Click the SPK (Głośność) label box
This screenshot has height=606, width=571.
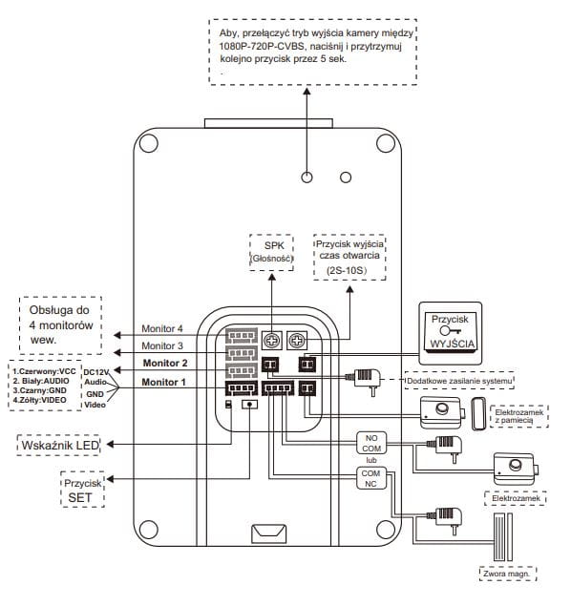click(271, 252)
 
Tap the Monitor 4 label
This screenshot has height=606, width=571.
click(162, 328)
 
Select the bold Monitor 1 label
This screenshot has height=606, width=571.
click(163, 382)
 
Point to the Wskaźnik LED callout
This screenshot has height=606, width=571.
click(59, 446)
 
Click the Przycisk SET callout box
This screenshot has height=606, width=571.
click(82, 490)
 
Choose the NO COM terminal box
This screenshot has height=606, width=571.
click(371, 444)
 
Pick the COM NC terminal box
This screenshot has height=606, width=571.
click(371, 478)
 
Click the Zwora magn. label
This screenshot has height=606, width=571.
click(506, 574)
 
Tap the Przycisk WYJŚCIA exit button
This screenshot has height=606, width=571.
click(451, 333)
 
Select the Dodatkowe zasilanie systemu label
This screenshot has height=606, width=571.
click(459, 381)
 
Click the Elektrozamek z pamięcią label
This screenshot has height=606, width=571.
click(519, 416)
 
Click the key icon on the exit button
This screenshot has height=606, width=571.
click(451, 331)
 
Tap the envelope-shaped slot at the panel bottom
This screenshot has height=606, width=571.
click(269, 533)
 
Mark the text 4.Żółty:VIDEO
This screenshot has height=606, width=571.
click(39, 400)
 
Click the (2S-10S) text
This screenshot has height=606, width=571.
click(347, 270)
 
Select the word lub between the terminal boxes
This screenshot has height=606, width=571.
click(371, 460)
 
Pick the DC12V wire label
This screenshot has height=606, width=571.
click(96, 372)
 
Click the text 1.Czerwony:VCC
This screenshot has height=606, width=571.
click(44, 371)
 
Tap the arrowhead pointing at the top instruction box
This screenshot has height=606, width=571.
click(307, 92)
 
